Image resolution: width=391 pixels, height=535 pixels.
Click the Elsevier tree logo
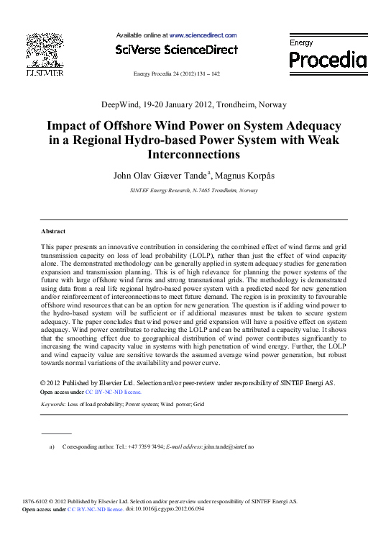coord(45,50)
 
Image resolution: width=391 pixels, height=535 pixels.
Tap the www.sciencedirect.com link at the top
coord(203,35)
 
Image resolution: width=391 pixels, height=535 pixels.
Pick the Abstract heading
coord(53,231)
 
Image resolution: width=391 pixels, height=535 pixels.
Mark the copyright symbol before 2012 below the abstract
coord(44,382)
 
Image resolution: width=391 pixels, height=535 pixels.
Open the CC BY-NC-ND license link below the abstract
coord(114,392)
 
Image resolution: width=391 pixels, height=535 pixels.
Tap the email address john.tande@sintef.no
coord(229,447)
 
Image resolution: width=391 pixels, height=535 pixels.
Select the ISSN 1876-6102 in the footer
coord(37,501)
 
